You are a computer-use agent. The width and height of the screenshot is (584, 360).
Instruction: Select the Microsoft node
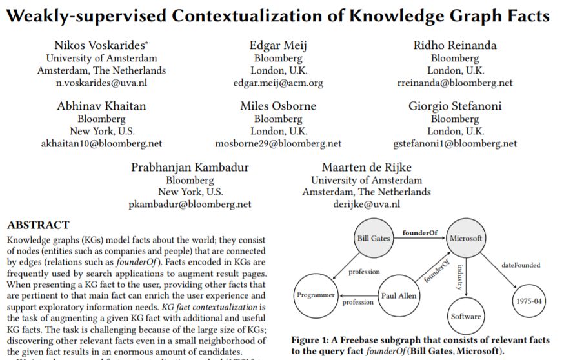466,238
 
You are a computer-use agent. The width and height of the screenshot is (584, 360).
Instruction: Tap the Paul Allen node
398,296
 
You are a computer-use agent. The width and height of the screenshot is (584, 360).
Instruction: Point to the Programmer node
316,295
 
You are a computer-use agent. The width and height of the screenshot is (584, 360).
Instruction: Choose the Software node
466,316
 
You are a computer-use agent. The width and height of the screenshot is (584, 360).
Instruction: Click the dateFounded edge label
521,265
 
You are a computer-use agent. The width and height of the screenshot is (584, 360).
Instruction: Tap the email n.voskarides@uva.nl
101,83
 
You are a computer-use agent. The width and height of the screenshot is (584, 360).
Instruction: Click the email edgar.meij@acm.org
278,83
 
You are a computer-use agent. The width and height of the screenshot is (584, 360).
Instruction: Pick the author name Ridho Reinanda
455,45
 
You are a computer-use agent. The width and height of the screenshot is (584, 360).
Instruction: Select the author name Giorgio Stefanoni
455,106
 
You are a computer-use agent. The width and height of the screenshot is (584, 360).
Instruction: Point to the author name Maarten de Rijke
367,167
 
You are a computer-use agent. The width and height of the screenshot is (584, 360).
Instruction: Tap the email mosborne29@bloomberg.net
278,144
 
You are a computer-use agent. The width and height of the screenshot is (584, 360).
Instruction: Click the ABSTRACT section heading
37,225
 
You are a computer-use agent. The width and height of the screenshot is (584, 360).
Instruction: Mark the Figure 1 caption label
314,339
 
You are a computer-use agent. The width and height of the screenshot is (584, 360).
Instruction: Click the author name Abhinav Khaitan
101,106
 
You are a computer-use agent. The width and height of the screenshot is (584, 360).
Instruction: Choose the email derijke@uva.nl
367,205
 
